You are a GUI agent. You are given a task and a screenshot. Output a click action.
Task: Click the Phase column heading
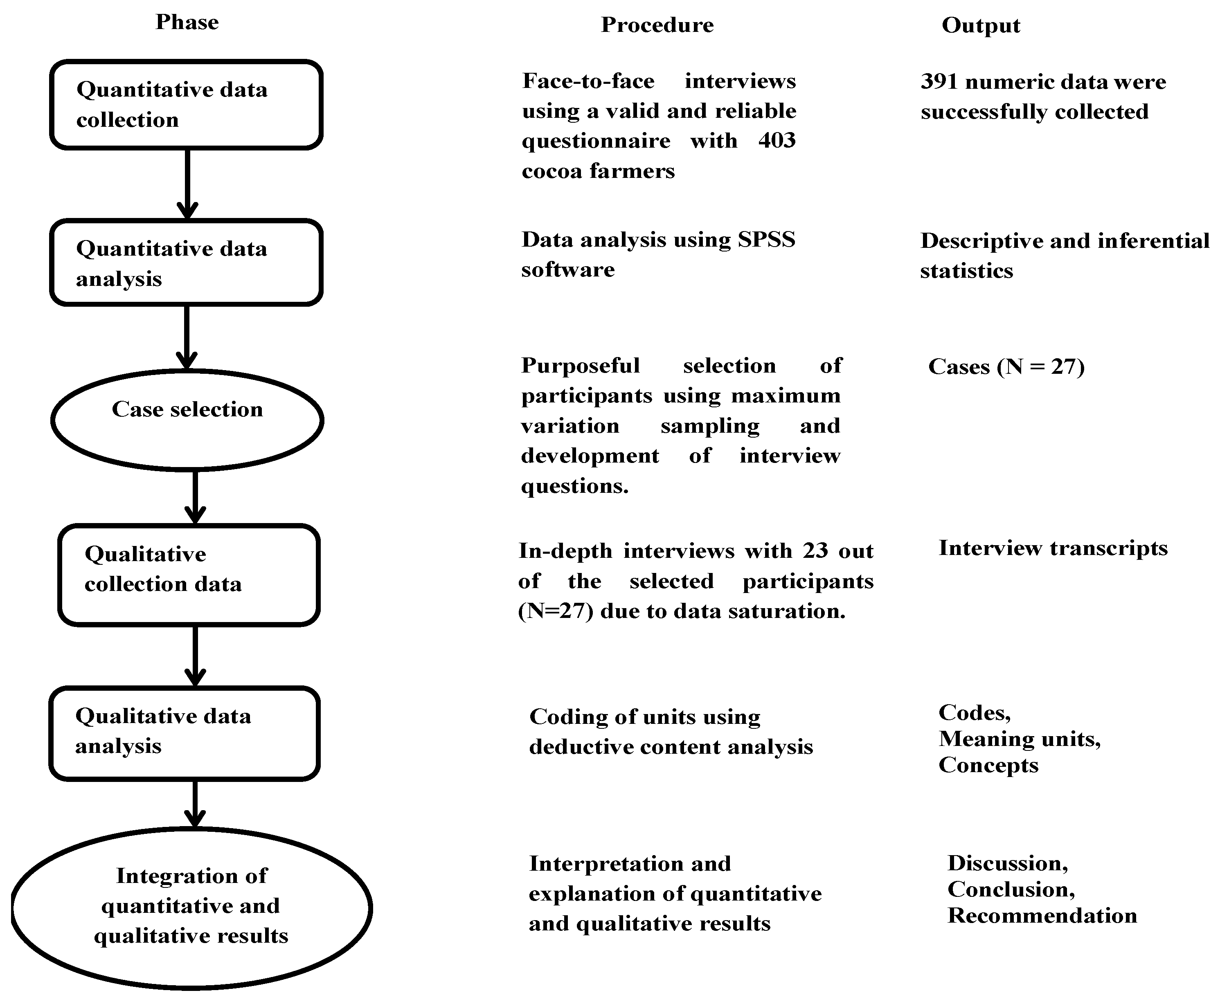tap(187, 22)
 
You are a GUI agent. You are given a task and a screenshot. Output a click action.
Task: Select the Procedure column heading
tap(657, 25)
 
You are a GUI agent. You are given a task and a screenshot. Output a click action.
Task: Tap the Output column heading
tap(981, 25)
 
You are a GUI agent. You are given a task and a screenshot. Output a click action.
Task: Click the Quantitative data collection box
tap(186, 105)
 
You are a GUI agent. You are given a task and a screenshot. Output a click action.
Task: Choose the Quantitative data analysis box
tap(186, 263)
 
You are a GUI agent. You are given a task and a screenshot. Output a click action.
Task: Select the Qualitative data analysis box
tap(185, 733)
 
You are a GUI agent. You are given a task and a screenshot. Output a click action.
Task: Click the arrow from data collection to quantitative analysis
tap(187, 184)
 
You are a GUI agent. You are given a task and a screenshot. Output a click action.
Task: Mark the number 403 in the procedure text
tap(777, 141)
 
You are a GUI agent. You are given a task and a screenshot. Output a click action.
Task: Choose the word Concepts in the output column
tap(988, 765)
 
